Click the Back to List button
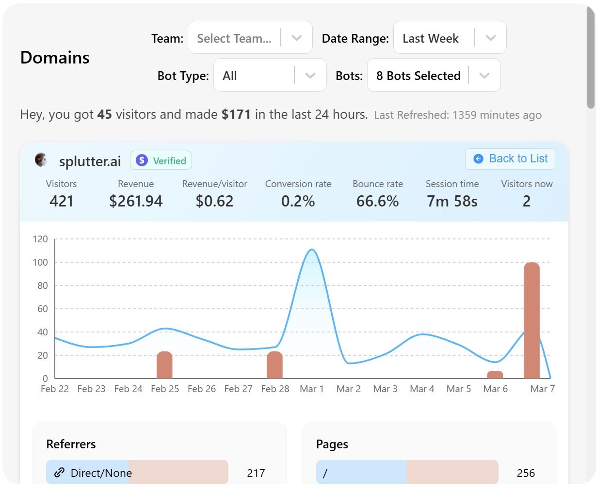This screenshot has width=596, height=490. coord(510,159)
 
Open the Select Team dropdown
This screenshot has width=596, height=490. coord(250,38)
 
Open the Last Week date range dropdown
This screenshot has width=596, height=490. coord(450,38)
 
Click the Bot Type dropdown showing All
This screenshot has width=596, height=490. coord(270,76)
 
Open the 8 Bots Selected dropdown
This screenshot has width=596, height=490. coord(434,76)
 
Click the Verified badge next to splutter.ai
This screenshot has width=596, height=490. coord(161,161)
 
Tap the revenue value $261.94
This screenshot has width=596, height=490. coord(136,201)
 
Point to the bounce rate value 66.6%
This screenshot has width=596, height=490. coord(377,201)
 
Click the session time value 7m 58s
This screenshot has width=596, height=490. coord(452,201)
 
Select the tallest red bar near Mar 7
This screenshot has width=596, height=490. coord(532,320)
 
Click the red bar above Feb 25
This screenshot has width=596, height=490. coord(165,365)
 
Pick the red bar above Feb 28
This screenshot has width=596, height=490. coord(275,365)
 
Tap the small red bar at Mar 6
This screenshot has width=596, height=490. coord(495,375)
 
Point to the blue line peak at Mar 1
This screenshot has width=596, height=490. coord(311,250)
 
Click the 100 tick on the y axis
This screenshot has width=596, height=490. coord(40,262)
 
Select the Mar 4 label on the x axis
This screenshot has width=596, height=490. coord(422,389)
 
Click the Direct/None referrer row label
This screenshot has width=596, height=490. coord(101,473)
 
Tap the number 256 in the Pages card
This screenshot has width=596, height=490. coord(526,473)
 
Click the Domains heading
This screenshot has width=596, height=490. coord(55,58)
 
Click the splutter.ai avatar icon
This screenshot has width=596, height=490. coord(41,160)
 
